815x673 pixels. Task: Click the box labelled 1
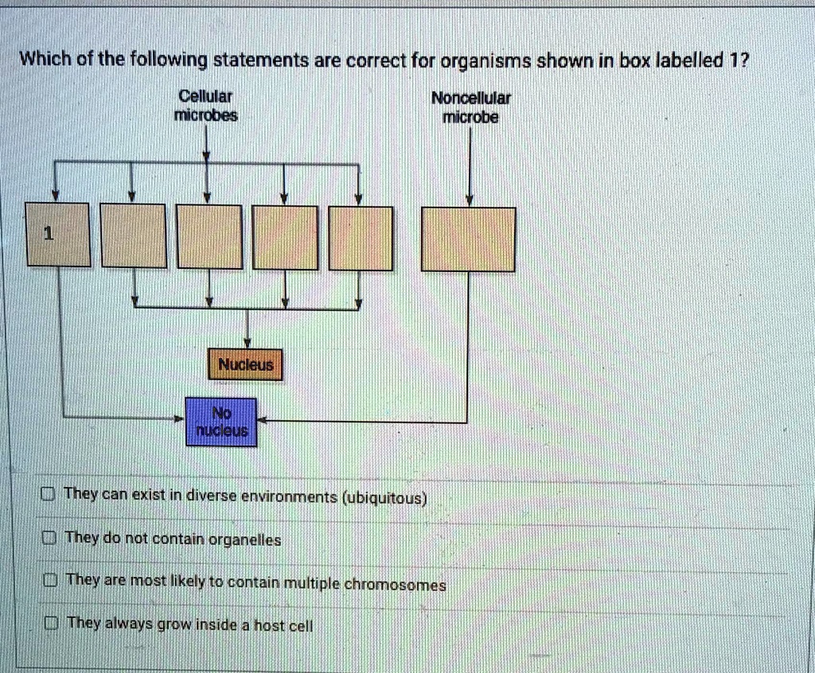point(58,235)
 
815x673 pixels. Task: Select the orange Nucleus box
point(245,364)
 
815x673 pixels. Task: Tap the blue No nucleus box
point(221,422)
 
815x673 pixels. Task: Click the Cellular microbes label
point(206,106)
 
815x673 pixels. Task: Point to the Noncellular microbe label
point(471,107)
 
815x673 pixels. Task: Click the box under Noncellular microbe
point(468,239)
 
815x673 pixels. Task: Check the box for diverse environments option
point(48,494)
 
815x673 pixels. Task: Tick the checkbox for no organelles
point(49,538)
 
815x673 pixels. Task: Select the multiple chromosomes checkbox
point(50,580)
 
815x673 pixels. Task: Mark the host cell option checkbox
point(50,623)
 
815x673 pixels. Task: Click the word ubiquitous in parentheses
point(384,498)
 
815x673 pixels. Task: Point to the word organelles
point(244,540)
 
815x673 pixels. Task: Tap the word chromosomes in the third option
point(395,585)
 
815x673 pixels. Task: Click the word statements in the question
point(261,60)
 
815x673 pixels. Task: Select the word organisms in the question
point(486,62)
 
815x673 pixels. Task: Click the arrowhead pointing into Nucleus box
point(247,343)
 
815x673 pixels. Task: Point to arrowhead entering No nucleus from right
point(262,421)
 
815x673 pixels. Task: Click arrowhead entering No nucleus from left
point(179,418)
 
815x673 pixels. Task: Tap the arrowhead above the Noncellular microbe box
point(470,200)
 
